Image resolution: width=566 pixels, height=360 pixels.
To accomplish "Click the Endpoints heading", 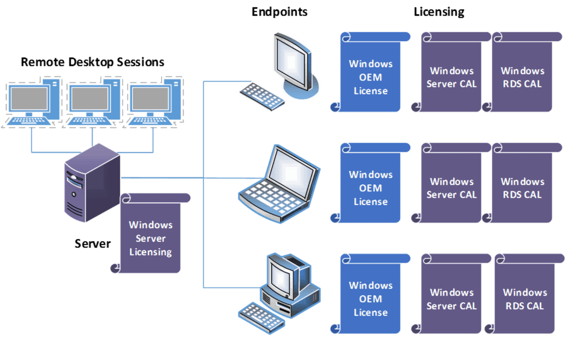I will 279,12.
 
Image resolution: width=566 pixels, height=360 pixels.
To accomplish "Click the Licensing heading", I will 439,12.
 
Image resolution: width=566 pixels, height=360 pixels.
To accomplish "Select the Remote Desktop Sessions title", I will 92,62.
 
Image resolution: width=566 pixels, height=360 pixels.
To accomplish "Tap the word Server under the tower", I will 92,244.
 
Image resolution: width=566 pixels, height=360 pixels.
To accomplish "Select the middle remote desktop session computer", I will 92,103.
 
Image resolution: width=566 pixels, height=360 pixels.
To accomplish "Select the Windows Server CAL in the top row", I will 451,77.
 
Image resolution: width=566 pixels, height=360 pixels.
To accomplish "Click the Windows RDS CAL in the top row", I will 522,77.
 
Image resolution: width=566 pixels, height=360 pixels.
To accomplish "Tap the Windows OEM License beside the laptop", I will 370,188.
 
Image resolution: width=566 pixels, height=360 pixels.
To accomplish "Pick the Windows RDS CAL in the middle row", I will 522,188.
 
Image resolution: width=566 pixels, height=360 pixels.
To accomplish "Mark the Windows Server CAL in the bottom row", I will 451,298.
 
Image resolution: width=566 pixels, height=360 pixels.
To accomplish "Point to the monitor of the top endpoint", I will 292,59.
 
